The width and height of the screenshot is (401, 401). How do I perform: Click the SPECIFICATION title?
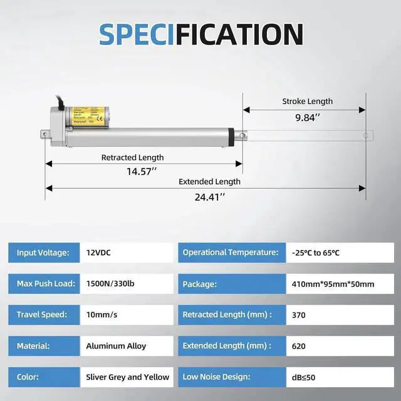pos(200,34)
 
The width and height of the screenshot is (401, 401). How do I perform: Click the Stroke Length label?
pos(307,101)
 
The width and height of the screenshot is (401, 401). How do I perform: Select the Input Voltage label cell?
pos(43,253)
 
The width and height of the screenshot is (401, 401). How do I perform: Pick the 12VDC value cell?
pos(99,253)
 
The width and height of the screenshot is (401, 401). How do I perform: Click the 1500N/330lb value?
pos(110,284)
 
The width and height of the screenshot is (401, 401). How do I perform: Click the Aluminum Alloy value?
pos(116,346)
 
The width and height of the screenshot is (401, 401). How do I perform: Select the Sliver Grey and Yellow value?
pos(128,377)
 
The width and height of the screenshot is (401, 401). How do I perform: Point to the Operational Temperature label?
pos(230,253)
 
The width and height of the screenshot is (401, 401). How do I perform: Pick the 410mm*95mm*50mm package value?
pos(333,284)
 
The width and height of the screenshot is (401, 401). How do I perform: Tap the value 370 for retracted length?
pos(299,315)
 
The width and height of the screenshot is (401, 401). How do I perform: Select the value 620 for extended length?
pos(299,346)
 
